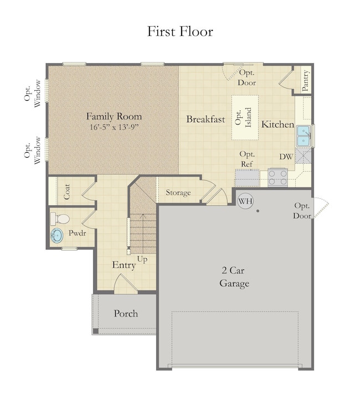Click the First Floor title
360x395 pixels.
180,32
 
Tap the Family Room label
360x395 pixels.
114,116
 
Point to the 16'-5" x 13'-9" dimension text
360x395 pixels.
115,127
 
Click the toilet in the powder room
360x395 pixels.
60,219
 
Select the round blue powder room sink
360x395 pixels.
56,236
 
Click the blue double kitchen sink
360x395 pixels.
304,136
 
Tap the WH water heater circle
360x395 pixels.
245,201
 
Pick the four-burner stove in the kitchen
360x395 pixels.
278,178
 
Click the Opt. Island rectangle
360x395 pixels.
245,118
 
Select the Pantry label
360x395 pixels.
305,81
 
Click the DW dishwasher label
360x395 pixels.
286,157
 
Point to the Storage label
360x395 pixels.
178,193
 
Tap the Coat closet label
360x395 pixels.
67,192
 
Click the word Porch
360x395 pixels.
126,314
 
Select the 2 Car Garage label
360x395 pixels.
234,277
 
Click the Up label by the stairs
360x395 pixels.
142,259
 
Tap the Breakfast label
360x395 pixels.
205,119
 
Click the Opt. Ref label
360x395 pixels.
246,159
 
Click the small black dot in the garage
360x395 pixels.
258,211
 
